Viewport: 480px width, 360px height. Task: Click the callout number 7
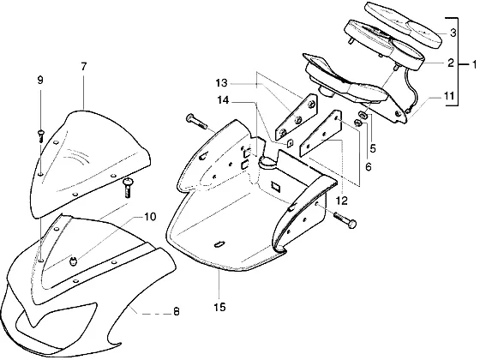(x=84, y=67)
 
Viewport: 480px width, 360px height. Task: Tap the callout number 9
(x=40, y=81)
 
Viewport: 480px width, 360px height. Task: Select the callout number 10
(x=150, y=217)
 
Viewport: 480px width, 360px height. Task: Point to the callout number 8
(x=176, y=312)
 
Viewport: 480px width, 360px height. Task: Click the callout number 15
(x=219, y=307)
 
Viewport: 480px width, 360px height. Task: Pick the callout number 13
(x=222, y=83)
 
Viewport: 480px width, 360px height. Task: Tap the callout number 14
(x=223, y=100)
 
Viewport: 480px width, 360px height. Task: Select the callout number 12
(x=342, y=201)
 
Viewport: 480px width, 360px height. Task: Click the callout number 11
(x=449, y=96)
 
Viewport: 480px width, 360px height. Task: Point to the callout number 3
(x=453, y=33)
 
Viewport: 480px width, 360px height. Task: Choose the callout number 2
(x=451, y=63)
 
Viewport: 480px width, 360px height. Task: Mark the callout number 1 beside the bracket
(x=474, y=64)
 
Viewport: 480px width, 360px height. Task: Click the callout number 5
(x=373, y=148)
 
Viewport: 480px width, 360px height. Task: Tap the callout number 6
(x=369, y=167)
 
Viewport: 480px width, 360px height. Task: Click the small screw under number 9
(x=40, y=136)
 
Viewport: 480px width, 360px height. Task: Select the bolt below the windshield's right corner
(x=128, y=188)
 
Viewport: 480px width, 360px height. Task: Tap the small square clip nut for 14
(x=290, y=142)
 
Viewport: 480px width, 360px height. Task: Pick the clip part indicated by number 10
(x=73, y=261)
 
